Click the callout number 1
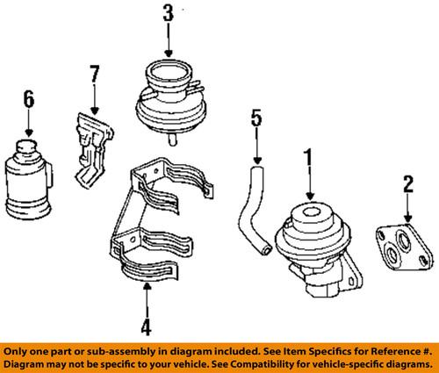(308, 159)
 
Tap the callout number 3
(167, 15)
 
